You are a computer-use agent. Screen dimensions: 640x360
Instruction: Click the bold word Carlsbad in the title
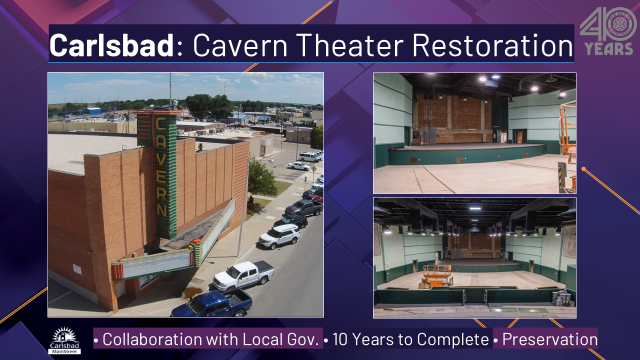111,45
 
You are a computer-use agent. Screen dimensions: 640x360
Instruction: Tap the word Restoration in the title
492,45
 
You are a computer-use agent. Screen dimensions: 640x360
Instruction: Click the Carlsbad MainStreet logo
64,340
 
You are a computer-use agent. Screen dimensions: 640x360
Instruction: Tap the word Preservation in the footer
549,339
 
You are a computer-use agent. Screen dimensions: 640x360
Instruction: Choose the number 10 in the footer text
340,339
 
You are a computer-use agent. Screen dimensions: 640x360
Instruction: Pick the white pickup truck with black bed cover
243,275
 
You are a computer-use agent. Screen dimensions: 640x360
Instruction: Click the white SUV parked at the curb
279,236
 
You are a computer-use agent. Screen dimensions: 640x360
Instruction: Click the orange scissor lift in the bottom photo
437,275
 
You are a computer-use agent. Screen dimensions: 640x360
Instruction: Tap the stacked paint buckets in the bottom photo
563,298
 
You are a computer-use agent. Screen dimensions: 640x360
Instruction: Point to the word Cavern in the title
240,45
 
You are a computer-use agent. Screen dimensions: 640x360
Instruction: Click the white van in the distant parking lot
309,157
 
